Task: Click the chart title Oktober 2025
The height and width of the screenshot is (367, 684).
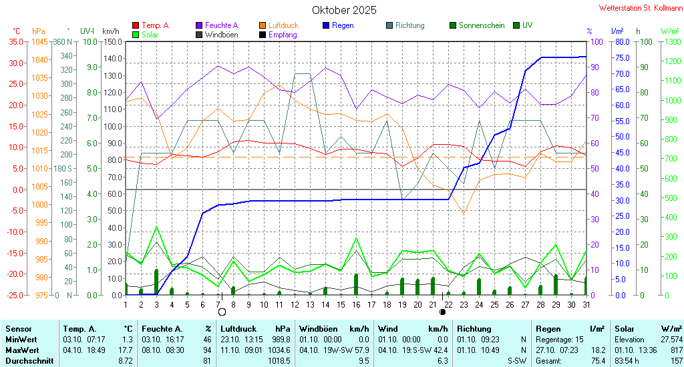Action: coord(344,10)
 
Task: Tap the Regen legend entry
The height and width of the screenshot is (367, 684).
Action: coord(342,25)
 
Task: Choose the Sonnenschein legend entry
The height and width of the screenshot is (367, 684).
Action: coord(482,25)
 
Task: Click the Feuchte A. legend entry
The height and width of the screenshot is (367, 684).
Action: coord(222,25)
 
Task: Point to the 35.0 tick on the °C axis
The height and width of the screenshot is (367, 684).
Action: coord(15,41)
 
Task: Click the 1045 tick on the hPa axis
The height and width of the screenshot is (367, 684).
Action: coord(39,41)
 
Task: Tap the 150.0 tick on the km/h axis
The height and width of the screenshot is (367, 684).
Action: coord(112,41)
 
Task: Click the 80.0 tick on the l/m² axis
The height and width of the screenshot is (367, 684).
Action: coord(622,41)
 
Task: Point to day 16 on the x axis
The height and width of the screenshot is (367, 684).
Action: coord(357,304)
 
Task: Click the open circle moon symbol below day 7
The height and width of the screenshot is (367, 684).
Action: coord(222,312)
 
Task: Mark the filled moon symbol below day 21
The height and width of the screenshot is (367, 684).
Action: coord(442,312)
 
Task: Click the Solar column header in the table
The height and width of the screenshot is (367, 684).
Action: coord(625,328)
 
